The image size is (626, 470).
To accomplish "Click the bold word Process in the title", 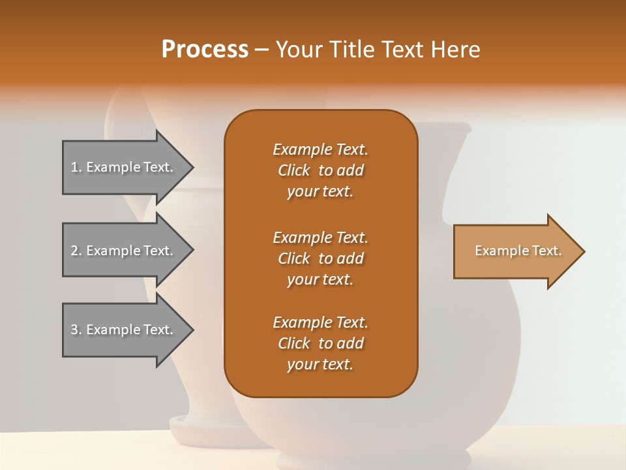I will (205, 50).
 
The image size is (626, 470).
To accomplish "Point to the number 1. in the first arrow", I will (76, 167).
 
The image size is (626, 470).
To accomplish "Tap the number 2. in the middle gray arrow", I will (76, 251).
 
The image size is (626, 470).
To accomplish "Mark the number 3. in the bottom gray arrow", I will (76, 330).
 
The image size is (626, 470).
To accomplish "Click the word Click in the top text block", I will (294, 170).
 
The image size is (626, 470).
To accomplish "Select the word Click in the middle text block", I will (294, 258).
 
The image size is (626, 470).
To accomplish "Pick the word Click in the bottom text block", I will (294, 343).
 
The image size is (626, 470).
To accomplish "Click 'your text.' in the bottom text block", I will (320, 364).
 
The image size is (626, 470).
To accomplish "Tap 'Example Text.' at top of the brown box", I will (320, 149).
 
